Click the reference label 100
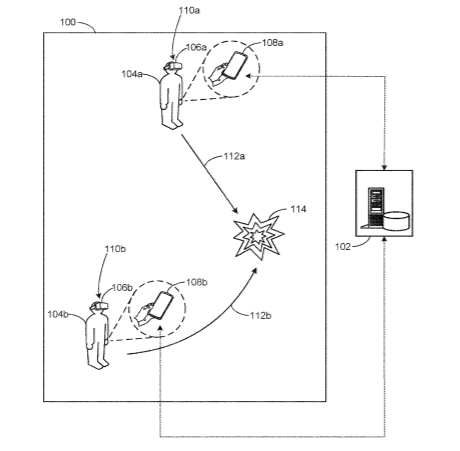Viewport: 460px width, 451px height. tap(68, 22)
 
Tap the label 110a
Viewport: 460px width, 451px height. tap(189, 10)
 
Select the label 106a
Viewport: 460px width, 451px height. tap(196, 47)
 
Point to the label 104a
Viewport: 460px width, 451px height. tap(132, 74)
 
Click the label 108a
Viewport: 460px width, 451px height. tap(273, 43)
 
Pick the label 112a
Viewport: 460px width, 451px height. tap(234, 156)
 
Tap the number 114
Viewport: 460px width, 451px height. tap(298, 209)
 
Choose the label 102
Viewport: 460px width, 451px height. tap(343, 247)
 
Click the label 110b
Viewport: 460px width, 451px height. tap(115, 249)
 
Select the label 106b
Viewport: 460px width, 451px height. tap(122, 287)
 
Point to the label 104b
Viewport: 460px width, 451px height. tap(58, 314)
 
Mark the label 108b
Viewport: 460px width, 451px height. tap(197, 282)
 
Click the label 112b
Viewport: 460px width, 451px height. tap(261, 315)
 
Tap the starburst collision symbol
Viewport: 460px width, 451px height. tap(259, 236)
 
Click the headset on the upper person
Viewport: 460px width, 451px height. tap(173, 65)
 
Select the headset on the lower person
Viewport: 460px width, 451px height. tap(99, 305)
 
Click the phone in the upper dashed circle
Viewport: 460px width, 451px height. tap(235, 65)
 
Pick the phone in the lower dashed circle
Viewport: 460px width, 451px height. tap(161, 305)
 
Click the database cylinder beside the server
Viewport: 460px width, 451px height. tap(396, 221)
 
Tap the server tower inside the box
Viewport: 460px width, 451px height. tap(376, 207)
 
